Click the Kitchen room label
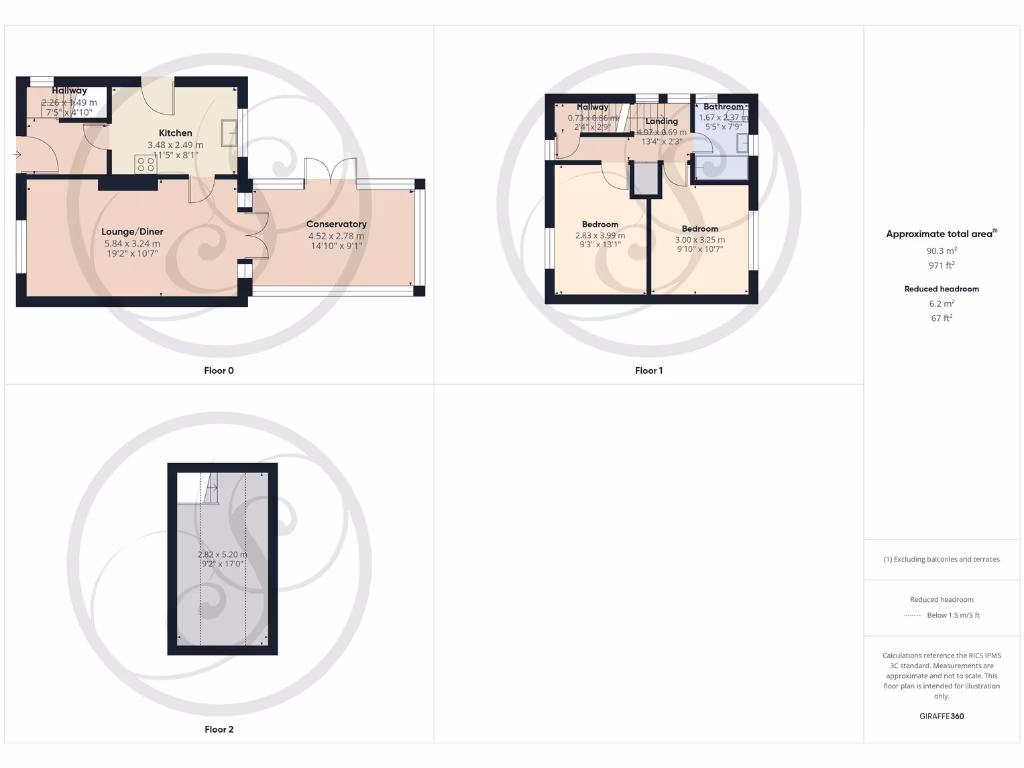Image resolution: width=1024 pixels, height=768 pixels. pyautogui.click(x=175, y=132)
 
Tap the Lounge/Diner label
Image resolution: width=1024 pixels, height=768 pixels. pyautogui.click(x=132, y=231)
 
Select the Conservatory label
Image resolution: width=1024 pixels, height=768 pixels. pyautogui.click(x=336, y=224)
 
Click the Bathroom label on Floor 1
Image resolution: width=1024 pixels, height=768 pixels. pyautogui.click(x=723, y=106)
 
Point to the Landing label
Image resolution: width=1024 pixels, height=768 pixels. pyautogui.click(x=661, y=121)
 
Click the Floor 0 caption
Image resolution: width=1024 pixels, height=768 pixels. pyautogui.click(x=218, y=370)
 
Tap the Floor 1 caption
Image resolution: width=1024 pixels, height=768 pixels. pyautogui.click(x=648, y=370)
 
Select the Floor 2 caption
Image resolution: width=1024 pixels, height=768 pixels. pyautogui.click(x=218, y=729)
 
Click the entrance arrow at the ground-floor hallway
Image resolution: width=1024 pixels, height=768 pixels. pyautogui.click(x=16, y=155)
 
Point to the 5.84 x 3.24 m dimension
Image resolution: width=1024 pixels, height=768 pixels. pyautogui.click(x=132, y=243)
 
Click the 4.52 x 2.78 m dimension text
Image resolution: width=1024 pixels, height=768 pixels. pyautogui.click(x=336, y=236)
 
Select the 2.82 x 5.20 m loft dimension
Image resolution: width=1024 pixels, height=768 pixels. pyautogui.click(x=222, y=554)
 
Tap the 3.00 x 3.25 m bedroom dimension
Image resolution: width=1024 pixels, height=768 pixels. pyautogui.click(x=700, y=240)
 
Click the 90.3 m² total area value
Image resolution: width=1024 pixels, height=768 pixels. pyautogui.click(x=940, y=252)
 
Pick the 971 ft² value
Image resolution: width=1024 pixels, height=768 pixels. pyautogui.click(x=940, y=265)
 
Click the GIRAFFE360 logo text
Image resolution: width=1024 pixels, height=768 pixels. pyautogui.click(x=940, y=716)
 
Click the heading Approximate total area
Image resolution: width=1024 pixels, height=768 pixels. pyautogui.click(x=939, y=234)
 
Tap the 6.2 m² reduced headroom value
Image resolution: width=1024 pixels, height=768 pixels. pyautogui.click(x=940, y=304)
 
